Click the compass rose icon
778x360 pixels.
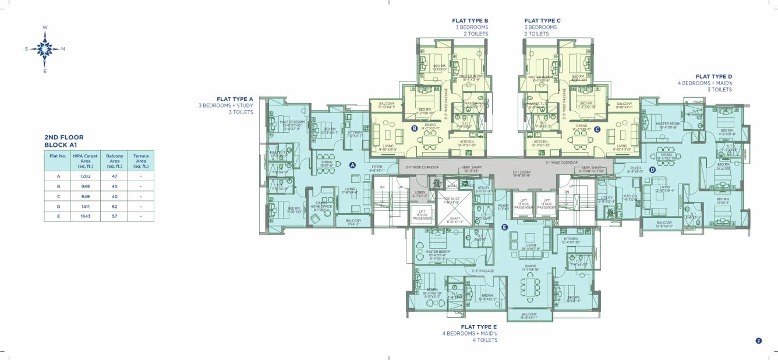pos(45,49)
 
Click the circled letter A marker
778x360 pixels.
pos(352,165)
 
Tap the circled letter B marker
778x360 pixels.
pos(414,129)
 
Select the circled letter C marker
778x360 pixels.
pos(597,129)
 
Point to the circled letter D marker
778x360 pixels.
pos(652,170)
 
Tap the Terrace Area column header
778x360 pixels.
pos(141,161)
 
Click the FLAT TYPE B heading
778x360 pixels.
pos(470,20)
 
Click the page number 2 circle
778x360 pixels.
pos(758,341)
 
